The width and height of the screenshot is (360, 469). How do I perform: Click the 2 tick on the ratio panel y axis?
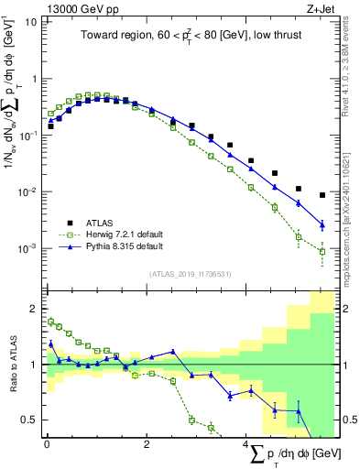point(34,308)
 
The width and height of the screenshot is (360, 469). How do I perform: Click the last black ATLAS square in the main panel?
point(322,195)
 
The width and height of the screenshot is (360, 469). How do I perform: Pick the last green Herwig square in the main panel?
point(322,252)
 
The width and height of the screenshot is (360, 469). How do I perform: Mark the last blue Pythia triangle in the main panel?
point(322,224)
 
